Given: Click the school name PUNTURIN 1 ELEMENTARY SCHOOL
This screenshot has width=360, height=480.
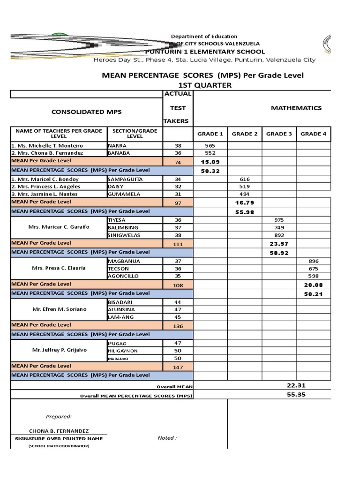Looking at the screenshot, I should point(205,52).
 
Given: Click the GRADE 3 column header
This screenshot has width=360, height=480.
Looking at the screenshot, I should point(279,134).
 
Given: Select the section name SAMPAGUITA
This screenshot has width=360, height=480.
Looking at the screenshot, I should point(126,179).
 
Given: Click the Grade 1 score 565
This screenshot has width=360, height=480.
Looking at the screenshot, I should point(210,146).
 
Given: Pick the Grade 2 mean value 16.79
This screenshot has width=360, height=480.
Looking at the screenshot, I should point(244,202).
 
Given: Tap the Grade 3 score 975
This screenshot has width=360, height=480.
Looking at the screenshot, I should point(279,220).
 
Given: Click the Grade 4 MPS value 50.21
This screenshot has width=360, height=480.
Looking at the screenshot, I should point(314,294).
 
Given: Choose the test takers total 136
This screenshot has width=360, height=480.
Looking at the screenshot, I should point(178,326).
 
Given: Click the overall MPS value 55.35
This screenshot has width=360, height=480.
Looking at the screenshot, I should point(296,395).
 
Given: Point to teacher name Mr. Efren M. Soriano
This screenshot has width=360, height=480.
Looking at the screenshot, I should point(59,310).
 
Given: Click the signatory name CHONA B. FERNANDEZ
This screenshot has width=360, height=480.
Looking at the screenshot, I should point(59,431).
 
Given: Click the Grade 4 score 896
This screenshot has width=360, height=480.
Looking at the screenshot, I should point(314,261).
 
